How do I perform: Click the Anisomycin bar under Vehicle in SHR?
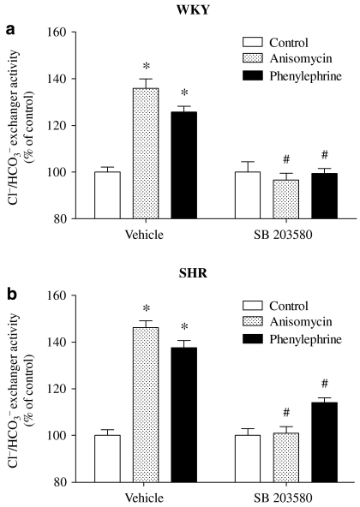coord(143,404)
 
